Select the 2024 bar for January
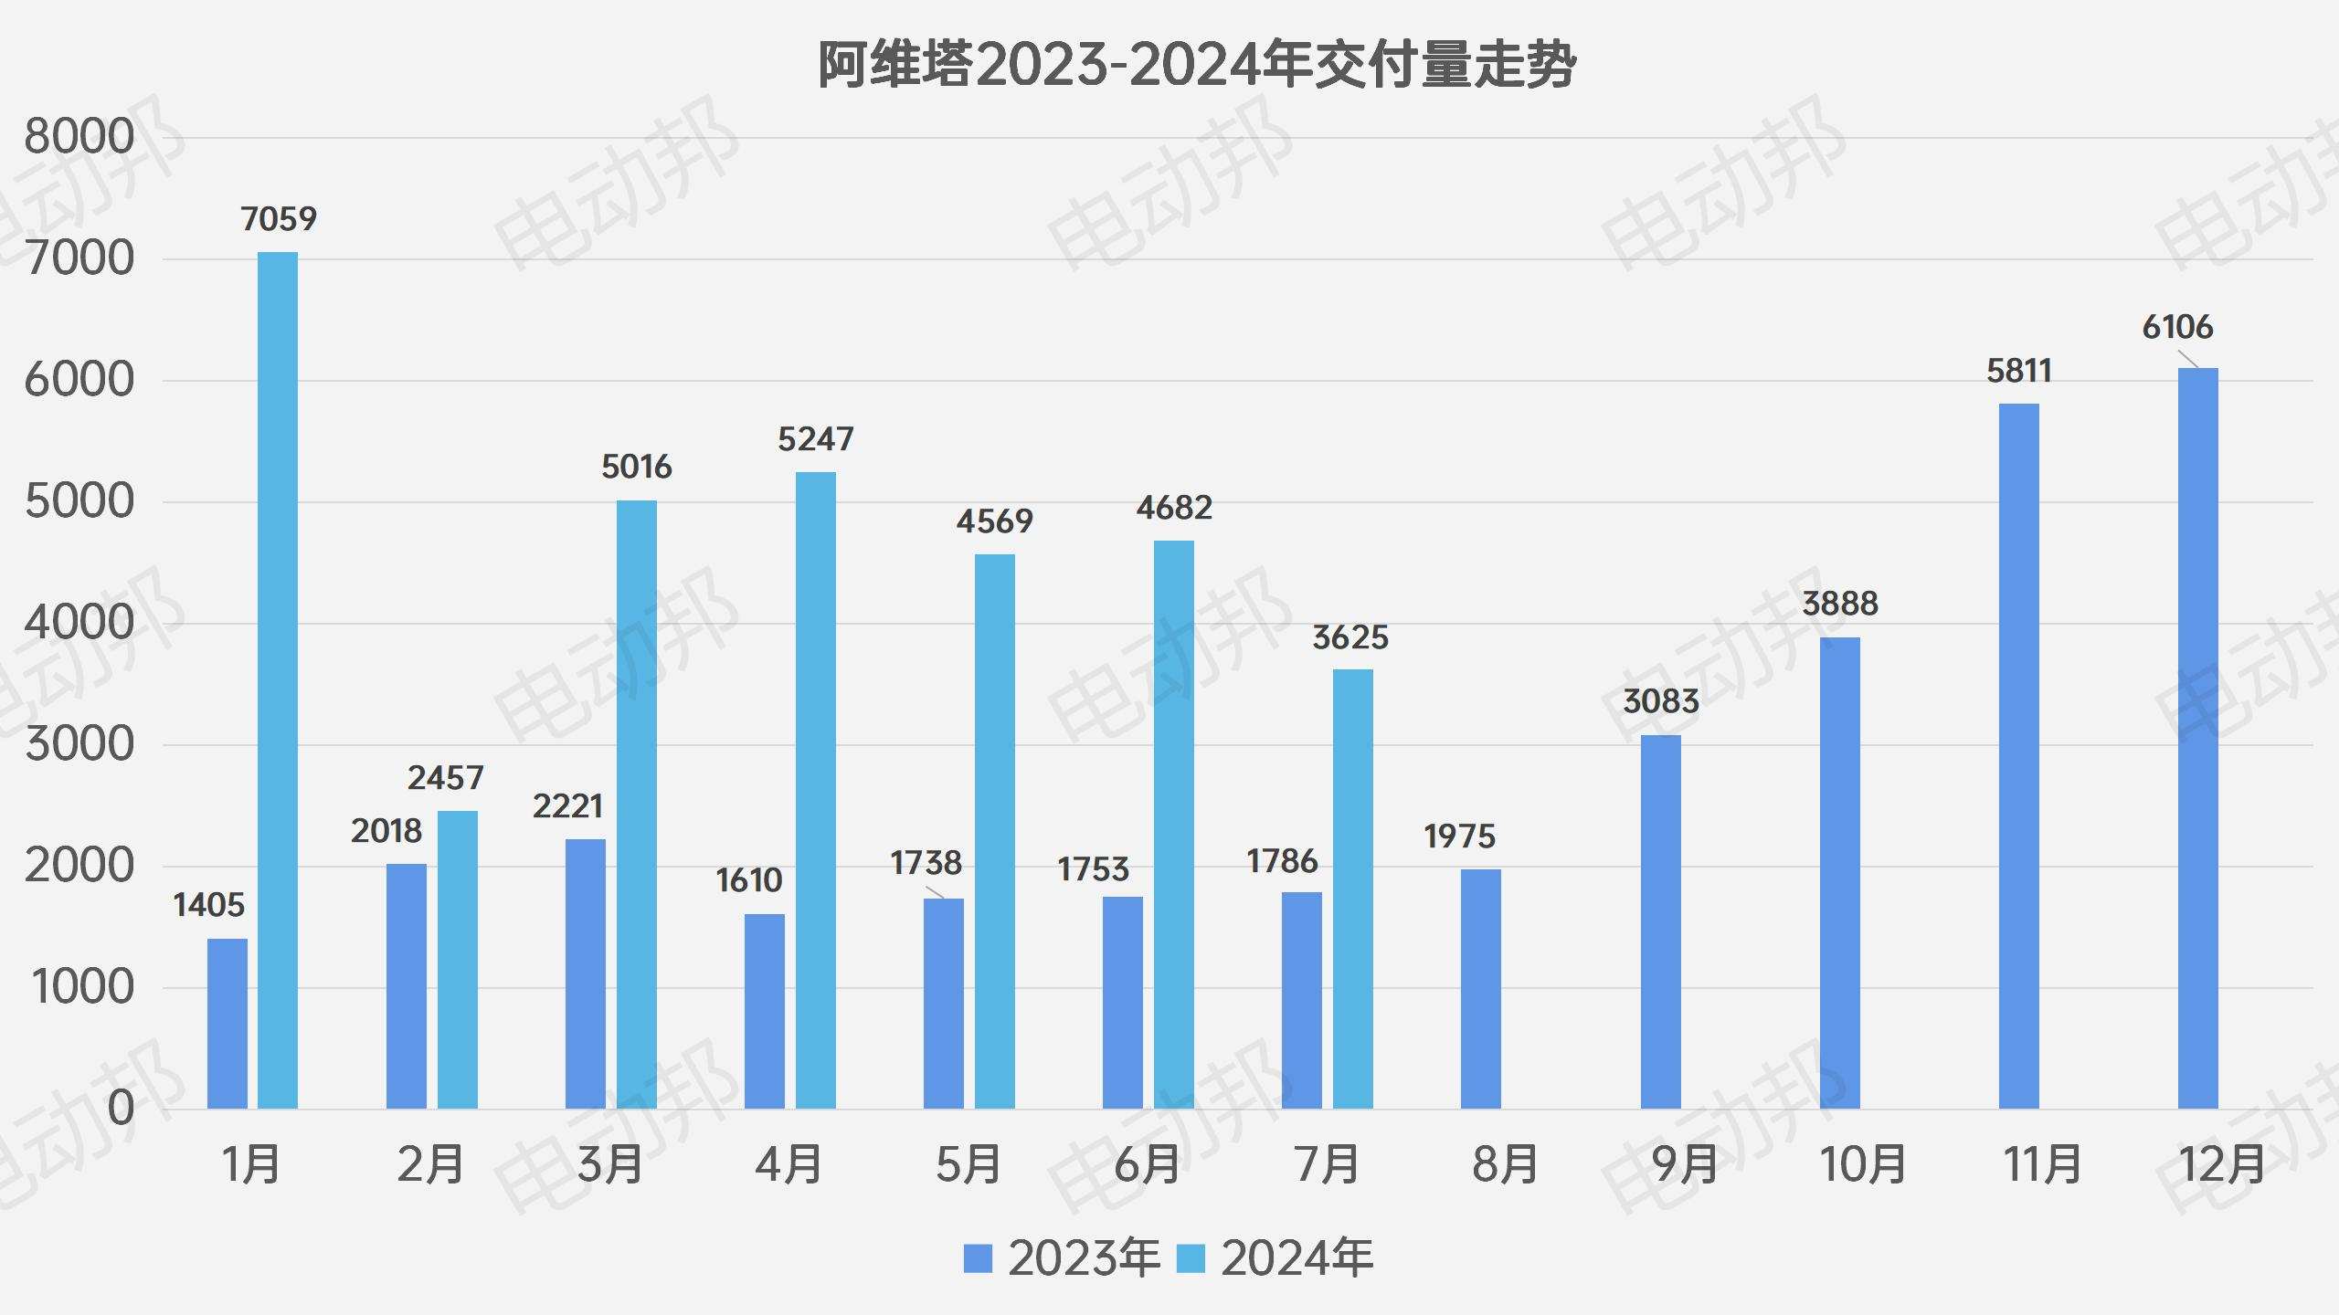click(x=278, y=680)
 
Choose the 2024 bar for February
click(x=457, y=960)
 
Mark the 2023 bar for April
click(x=764, y=1011)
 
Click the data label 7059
click(x=279, y=219)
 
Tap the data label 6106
click(x=2177, y=327)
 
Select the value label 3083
click(x=1660, y=701)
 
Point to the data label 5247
click(x=815, y=439)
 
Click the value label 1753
click(x=1093, y=869)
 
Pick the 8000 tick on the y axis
click(x=79, y=137)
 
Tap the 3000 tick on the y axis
click(x=79, y=744)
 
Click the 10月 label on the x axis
click(x=1862, y=1164)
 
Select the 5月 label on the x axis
click(x=968, y=1164)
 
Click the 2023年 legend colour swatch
click(x=978, y=1258)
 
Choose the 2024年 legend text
click(x=1297, y=1258)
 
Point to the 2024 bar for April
click(x=815, y=790)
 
